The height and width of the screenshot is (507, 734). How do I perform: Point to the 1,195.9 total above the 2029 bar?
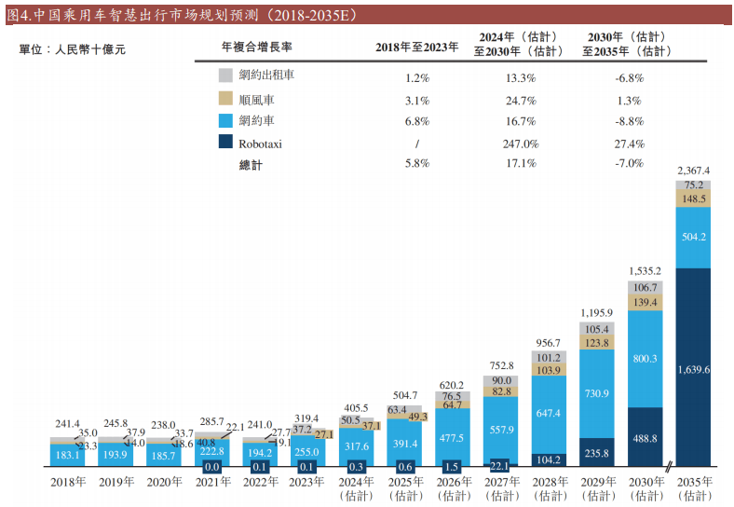pyautogui.click(x=596, y=312)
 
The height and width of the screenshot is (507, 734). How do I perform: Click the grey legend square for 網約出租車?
pyautogui.click(x=224, y=76)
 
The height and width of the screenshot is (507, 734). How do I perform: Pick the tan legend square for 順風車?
pyautogui.click(x=224, y=99)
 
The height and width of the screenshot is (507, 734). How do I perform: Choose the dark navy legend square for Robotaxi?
pyautogui.click(x=224, y=143)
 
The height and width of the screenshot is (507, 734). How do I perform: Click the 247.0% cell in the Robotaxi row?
pyautogui.click(x=519, y=144)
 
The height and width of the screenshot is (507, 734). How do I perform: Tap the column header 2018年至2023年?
pyautogui.click(x=416, y=47)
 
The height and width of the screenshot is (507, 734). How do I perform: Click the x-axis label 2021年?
pyautogui.click(x=213, y=482)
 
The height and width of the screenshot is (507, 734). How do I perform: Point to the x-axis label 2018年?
pyautogui.click(x=68, y=482)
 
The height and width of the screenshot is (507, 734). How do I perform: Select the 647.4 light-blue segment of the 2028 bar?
pyautogui.click(x=549, y=412)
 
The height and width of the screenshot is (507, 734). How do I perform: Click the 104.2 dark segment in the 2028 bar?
pyautogui.click(x=549, y=459)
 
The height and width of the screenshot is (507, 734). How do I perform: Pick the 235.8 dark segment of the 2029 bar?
pyautogui.click(x=596, y=453)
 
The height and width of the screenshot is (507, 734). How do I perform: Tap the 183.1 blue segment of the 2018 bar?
pyautogui.click(x=68, y=455)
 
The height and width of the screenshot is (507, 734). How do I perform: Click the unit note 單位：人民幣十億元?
pyautogui.click(x=72, y=49)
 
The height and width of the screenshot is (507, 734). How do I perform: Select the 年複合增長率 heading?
pyautogui.click(x=258, y=47)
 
